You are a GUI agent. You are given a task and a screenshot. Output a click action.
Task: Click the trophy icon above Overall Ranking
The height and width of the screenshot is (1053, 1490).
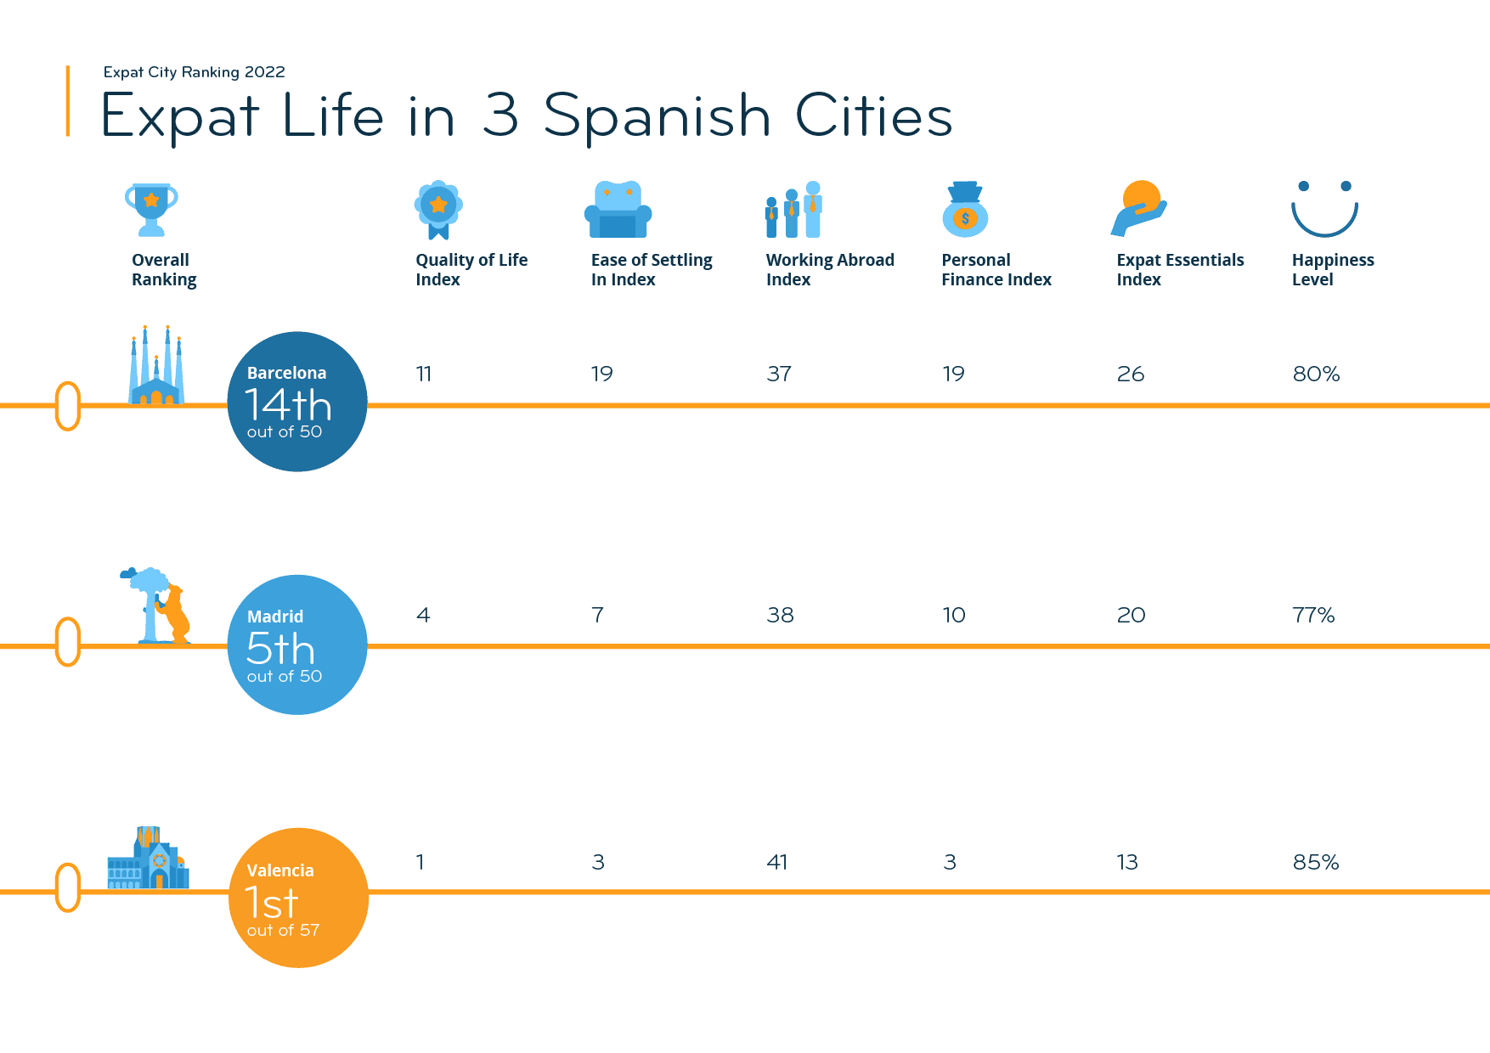pos(151,209)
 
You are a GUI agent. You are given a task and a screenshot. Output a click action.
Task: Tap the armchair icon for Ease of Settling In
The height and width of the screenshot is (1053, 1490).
pos(618,209)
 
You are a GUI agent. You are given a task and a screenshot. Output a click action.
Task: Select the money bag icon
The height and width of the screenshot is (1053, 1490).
pos(965,209)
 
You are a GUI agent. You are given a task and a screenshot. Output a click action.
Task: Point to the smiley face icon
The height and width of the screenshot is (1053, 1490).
pos(1324,209)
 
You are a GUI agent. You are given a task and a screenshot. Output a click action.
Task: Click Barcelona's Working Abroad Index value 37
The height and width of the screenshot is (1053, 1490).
pos(779,374)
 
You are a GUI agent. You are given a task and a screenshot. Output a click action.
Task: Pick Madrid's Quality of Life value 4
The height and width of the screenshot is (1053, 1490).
pos(423,615)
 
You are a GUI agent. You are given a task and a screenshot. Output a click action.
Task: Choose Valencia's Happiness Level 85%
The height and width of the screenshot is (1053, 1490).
pos(1316,862)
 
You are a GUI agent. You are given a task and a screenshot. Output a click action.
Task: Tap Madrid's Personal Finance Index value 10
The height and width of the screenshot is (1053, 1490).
pos(954,615)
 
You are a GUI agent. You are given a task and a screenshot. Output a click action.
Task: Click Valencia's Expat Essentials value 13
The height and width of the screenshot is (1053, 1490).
pos(1127,862)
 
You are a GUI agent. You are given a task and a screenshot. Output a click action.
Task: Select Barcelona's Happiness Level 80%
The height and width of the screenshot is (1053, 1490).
pos(1316,374)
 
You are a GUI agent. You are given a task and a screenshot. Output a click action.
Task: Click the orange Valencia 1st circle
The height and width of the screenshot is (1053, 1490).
pos(298,898)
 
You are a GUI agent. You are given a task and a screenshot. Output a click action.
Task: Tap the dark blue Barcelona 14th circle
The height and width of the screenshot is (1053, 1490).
pos(297,402)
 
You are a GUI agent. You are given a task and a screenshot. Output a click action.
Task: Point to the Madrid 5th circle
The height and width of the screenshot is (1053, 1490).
pos(297,645)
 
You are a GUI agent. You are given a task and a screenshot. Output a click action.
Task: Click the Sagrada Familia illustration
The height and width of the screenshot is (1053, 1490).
pos(156,367)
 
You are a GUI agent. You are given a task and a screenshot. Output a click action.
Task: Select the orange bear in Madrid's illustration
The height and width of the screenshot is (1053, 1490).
pos(175,613)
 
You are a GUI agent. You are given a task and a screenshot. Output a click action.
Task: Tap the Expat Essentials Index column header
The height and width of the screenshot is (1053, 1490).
pos(1179,269)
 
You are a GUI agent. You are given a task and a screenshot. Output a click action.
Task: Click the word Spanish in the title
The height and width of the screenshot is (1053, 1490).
pos(657,116)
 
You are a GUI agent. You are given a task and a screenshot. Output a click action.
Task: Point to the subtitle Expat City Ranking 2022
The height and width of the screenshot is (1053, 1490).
pos(194,72)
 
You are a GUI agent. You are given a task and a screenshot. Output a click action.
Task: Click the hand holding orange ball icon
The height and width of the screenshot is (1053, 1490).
pos(1139,209)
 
